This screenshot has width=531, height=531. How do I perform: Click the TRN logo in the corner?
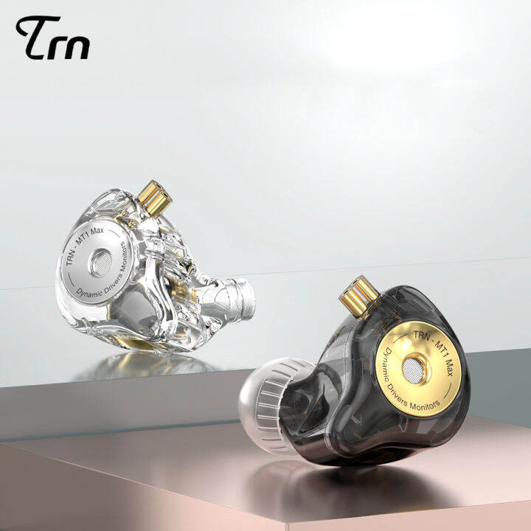[x=52, y=38]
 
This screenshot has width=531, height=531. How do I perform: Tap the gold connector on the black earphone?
[x=354, y=294]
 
